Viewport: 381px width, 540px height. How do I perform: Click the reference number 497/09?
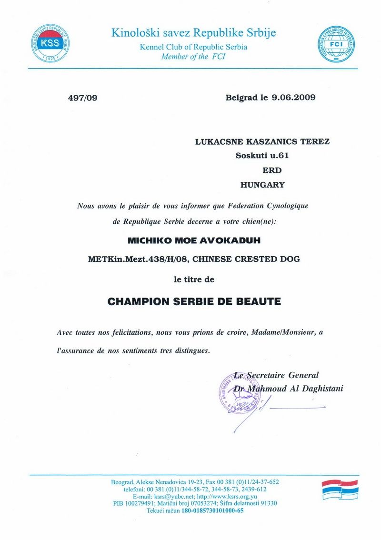pyautogui.click(x=83, y=98)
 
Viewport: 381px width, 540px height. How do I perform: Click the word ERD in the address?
pyautogui.click(x=272, y=170)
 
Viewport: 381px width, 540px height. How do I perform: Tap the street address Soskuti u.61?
pyautogui.click(x=262, y=155)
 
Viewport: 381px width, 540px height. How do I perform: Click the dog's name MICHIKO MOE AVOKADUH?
pyautogui.click(x=194, y=242)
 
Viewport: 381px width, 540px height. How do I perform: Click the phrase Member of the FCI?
pyautogui.click(x=193, y=57)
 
